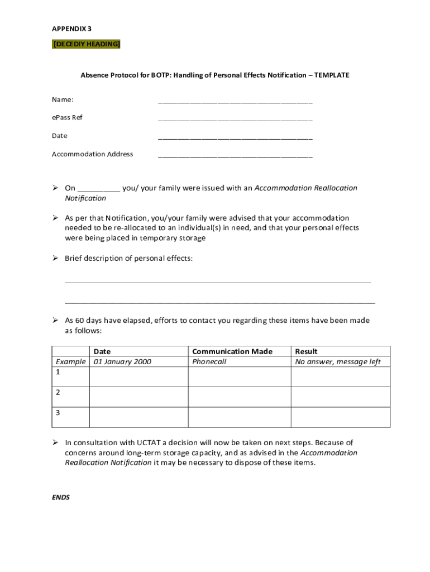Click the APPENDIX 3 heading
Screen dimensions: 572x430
[x=72, y=28]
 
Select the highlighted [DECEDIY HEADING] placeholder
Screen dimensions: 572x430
[x=86, y=44]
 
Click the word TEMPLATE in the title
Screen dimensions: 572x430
[x=331, y=75]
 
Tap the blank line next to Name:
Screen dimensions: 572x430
[x=235, y=102]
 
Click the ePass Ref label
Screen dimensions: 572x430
[x=67, y=118]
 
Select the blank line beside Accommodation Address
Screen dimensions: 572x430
[x=235, y=156]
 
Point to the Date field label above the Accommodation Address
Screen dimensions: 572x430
[x=60, y=136]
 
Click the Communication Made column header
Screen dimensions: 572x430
[x=232, y=351]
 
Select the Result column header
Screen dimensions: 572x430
[x=306, y=351]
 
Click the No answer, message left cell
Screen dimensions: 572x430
[x=338, y=362]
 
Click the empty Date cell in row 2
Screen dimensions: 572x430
[x=138, y=397]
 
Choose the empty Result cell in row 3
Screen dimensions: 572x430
[x=341, y=417]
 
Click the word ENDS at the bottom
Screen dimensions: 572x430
[x=61, y=497]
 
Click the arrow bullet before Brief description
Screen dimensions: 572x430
[x=56, y=258]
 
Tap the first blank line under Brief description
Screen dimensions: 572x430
[x=218, y=282]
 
